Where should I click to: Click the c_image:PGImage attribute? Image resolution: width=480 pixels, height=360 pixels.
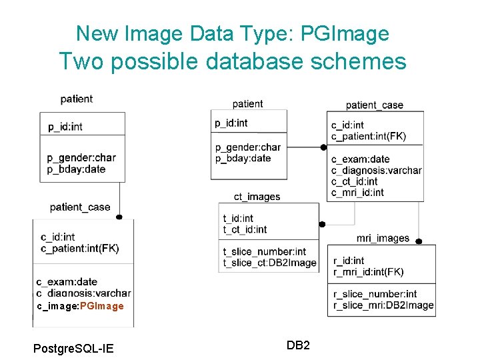click(80, 306)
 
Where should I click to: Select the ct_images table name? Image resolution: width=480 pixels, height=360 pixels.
click(257, 197)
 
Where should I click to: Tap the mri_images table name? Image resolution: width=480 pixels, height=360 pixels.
click(383, 238)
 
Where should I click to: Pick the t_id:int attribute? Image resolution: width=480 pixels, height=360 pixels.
click(238, 218)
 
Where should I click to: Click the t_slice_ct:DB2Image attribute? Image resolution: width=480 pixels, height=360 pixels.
click(269, 263)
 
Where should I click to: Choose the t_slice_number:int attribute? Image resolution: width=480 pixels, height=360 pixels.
click(264, 252)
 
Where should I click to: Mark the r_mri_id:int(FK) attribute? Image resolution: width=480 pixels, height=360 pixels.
click(368, 271)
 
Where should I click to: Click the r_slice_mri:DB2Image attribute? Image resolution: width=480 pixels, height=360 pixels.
click(383, 305)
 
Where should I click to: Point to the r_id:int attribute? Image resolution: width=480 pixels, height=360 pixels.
click(349, 261)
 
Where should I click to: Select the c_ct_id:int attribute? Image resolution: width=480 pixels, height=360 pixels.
click(354, 181)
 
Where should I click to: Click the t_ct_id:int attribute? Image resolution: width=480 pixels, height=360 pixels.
click(245, 229)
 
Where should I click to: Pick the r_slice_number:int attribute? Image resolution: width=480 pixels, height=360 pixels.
click(375, 294)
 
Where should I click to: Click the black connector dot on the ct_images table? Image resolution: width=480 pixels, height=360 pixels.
click(322, 225)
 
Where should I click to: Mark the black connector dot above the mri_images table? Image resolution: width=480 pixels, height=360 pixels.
click(419, 241)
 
